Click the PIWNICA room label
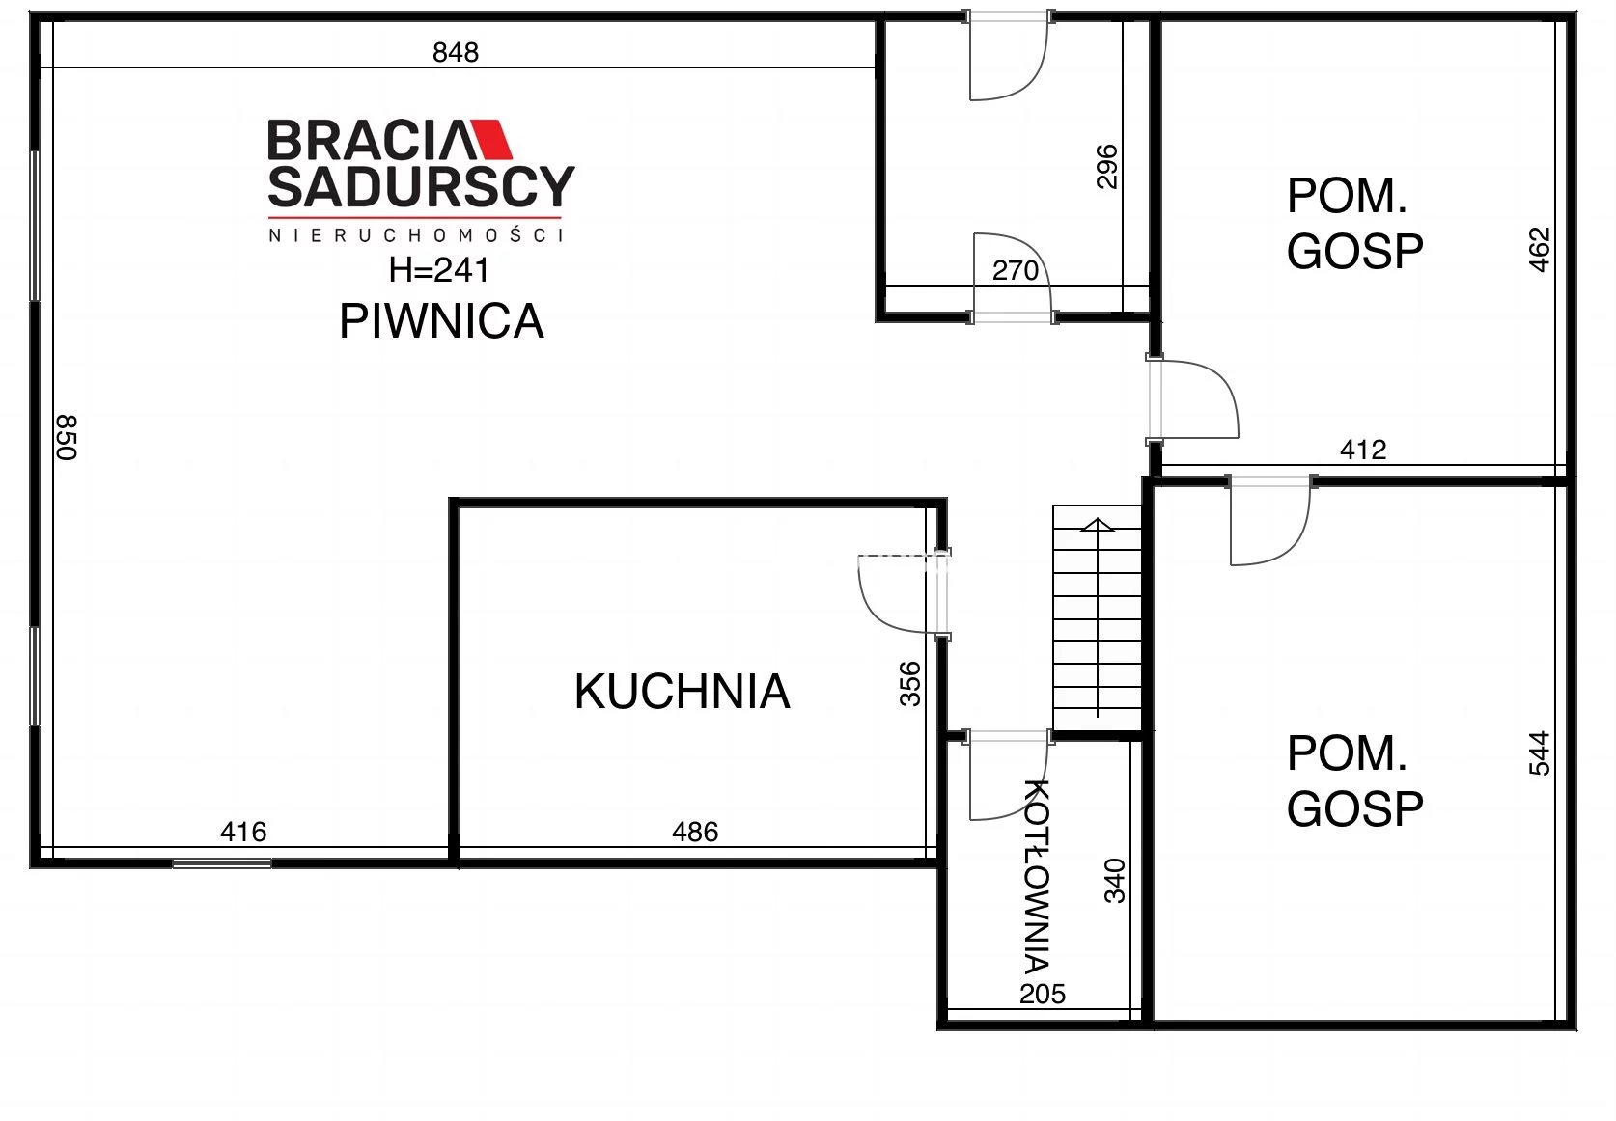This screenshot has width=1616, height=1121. [441, 321]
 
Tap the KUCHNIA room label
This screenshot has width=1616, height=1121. [682, 692]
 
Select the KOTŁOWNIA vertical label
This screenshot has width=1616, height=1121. [1037, 875]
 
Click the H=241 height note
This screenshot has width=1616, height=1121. [438, 270]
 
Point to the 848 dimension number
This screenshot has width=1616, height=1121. [456, 53]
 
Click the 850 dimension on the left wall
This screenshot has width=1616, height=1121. [67, 437]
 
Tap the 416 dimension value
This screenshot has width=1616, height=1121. [243, 832]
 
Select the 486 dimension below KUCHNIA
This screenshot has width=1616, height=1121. [695, 832]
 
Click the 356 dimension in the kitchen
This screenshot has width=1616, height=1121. [910, 683]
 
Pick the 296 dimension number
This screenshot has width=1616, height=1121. [1106, 167]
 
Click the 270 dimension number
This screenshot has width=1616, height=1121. [1015, 270]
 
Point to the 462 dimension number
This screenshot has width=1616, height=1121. [1539, 250]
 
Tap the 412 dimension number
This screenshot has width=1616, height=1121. [1363, 450]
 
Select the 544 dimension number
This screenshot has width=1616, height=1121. [1539, 753]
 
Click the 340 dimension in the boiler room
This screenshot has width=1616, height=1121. [1115, 880]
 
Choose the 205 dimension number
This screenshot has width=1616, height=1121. [1043, 994]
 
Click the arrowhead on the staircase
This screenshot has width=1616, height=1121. [1098, 524]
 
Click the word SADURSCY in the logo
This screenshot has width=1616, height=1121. [421, 187]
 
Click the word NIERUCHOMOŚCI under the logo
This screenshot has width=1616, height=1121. [416, 235]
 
